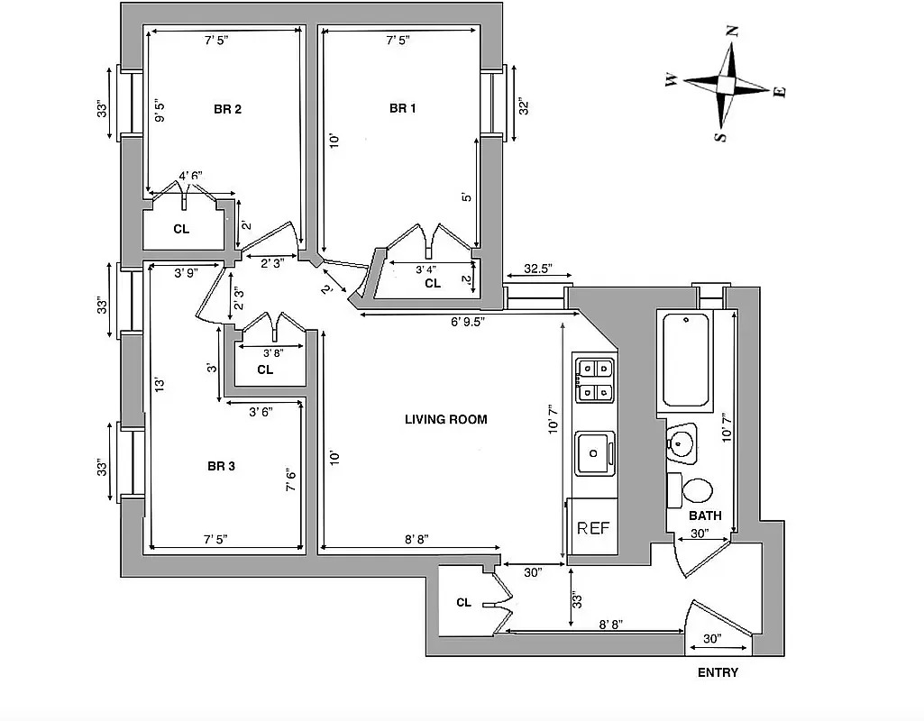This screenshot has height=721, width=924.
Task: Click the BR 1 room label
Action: point(403,109)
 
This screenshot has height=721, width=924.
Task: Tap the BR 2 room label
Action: point(227,110)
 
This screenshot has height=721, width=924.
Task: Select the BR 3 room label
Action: point(221,466)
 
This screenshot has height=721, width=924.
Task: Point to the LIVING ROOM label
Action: point(445,419)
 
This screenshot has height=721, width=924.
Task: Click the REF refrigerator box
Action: point(593,528)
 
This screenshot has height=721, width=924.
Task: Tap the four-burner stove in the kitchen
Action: point(595,379)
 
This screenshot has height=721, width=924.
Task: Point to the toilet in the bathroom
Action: point(695,491)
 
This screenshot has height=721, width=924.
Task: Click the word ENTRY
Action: point(718,672)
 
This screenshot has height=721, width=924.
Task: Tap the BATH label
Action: point(705,516)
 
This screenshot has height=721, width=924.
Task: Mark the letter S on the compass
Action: point(719,137)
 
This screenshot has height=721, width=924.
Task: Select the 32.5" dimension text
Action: point(537,269)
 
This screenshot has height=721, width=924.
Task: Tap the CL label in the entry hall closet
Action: point(463,603)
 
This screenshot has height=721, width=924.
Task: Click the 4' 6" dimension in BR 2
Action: point(190,177)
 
